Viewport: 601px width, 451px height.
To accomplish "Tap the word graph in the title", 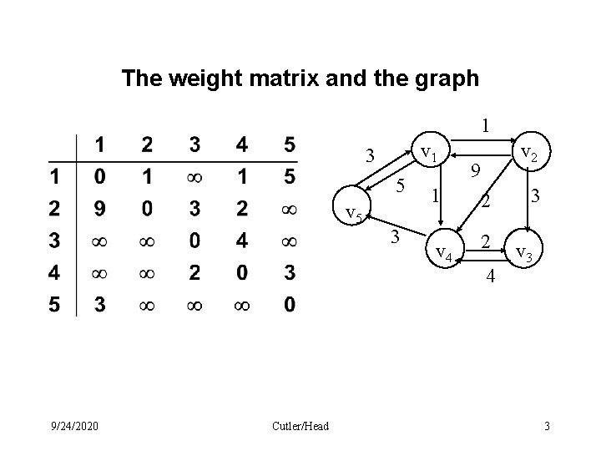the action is [446, 79].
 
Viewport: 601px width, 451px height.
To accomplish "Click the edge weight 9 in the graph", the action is [474, 171].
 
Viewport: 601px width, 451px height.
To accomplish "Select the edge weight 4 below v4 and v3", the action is [492, 276].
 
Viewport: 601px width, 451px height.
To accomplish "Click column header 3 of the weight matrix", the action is [194, 145].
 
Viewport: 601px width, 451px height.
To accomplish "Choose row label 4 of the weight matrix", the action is [54, 273].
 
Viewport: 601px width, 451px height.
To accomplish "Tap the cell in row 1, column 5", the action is [289, 177].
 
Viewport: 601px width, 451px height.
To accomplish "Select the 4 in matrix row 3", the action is [242, 241].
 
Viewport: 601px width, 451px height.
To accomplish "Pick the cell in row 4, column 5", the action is [289, 273].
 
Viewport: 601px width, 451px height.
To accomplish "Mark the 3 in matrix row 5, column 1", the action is [99, 306].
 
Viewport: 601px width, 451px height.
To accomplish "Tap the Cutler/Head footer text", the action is [300, 427].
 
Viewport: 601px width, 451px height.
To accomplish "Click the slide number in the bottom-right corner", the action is [547, 427].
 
